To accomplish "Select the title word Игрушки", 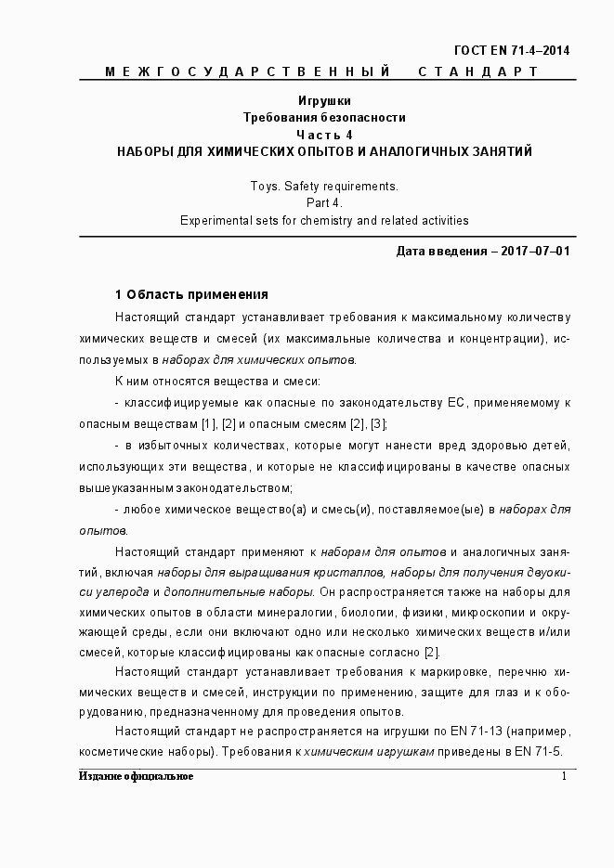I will tap(324, 101).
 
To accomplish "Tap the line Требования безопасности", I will tap(324, 118).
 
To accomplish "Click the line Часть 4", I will tap(324, 135).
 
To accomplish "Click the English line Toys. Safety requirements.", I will tap(324, 186).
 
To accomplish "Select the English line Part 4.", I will tap(324, 202).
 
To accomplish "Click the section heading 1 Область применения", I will tap(191, 294).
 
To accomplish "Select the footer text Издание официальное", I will tap(136, 776).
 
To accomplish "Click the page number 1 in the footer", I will tap(564, 776).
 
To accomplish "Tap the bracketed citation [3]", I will tap(377, 424).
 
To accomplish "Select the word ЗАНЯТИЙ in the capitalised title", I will tap(502, 151).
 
